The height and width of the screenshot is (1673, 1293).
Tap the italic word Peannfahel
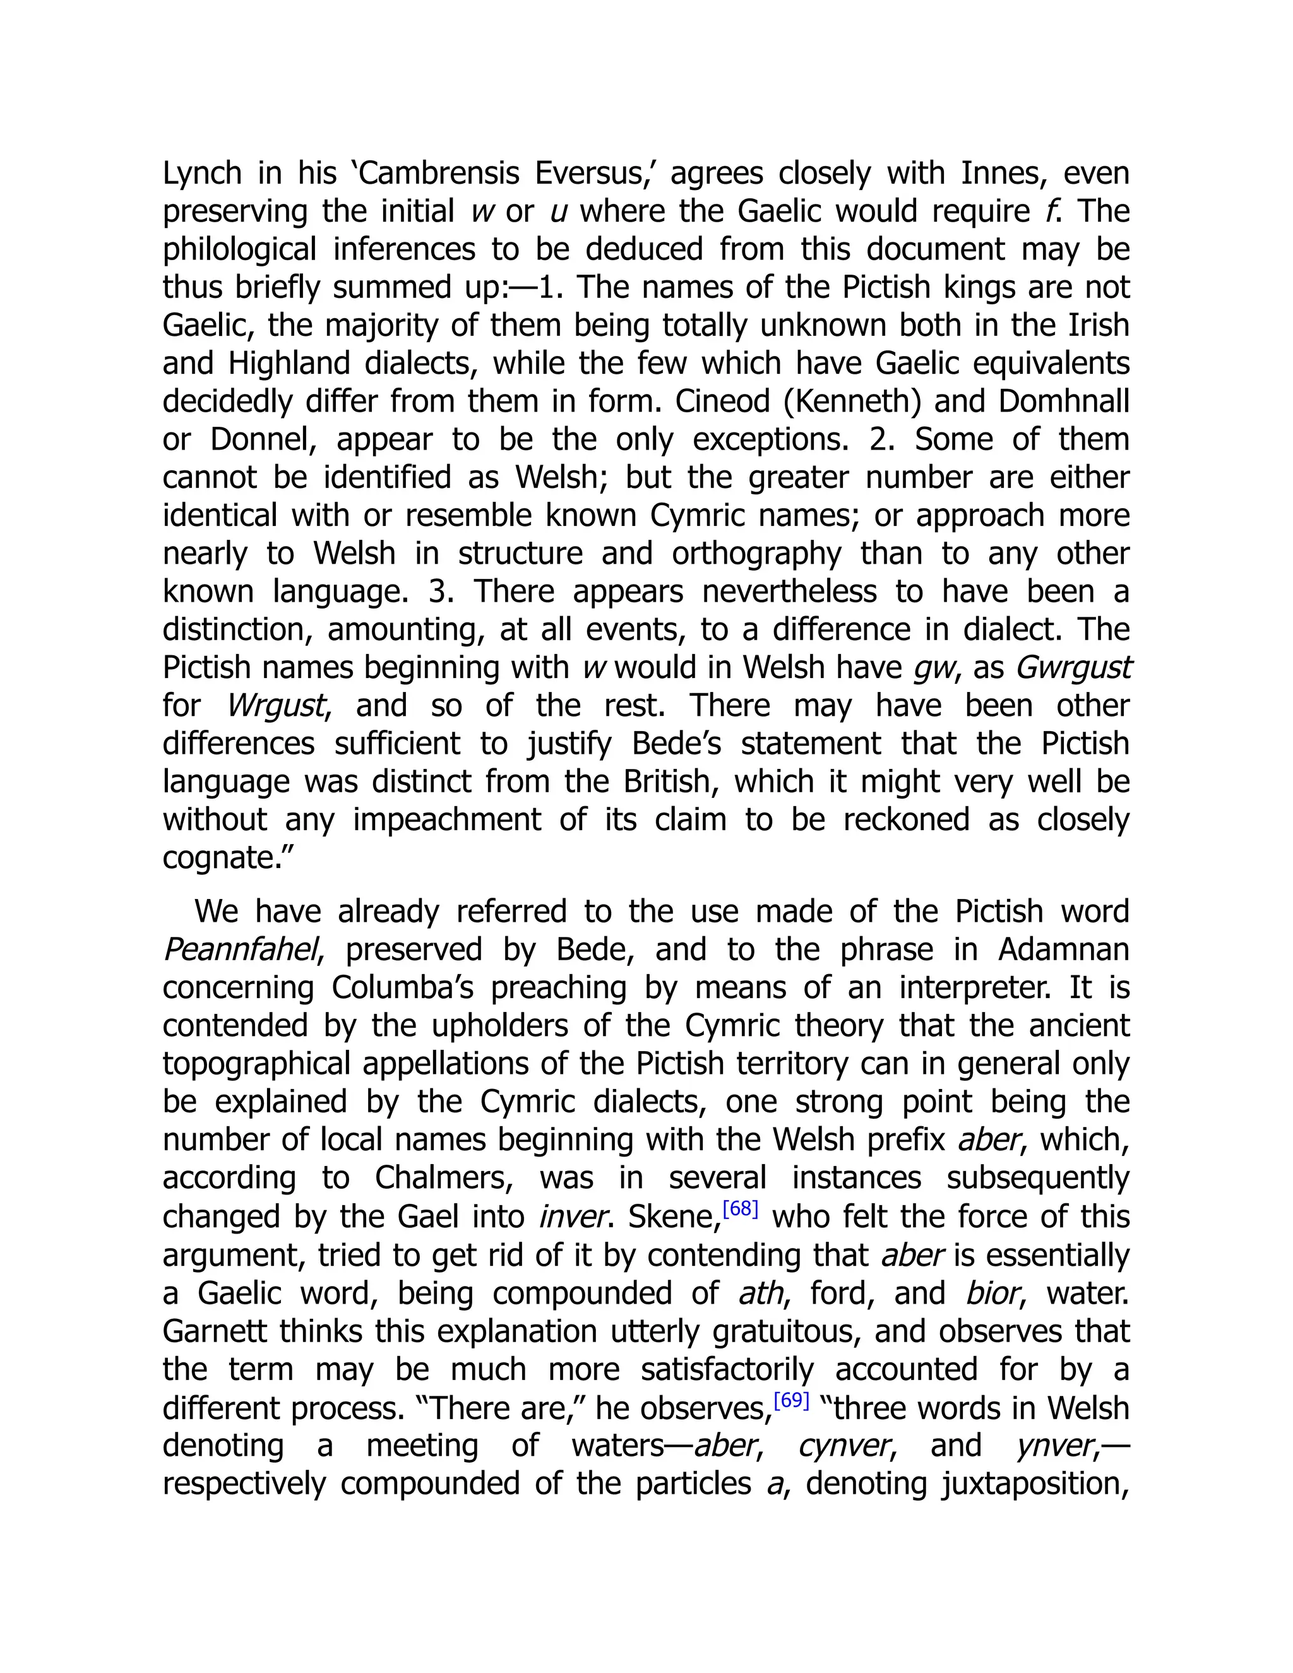[x=240, y=950]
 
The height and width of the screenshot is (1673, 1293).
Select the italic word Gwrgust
[x=1073, y=668]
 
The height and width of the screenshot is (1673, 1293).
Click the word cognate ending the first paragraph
[x=216, y=858]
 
